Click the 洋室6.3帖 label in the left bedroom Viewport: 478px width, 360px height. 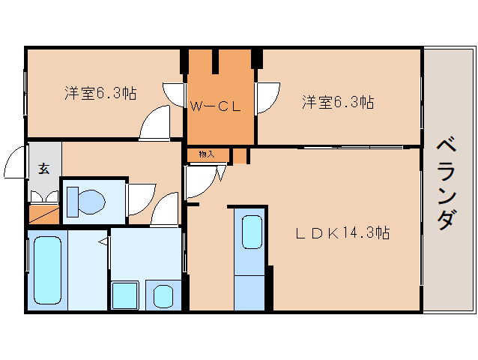[x=100, y=94]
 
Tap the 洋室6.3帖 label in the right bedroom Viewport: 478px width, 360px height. [x=338, y=102]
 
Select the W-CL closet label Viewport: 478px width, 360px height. [x=215, y=106]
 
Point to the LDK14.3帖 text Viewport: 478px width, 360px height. [x=340, y=233]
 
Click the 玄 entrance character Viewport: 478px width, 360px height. [x=43, y=169]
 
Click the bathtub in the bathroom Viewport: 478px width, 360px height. [x=46, y=269]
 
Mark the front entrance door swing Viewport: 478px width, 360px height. [x=15, y=163]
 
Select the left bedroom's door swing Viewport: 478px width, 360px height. [x=156, y=122]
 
